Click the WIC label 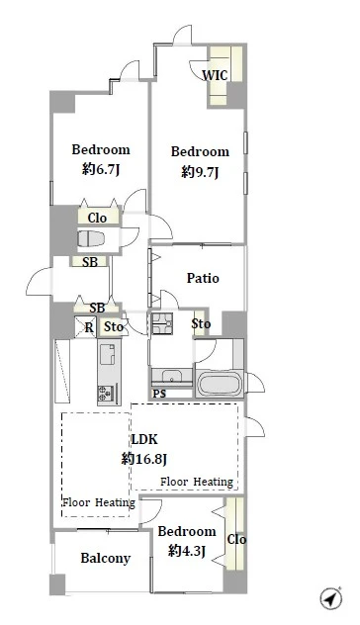[215, 75]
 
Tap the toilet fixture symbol [91, 238]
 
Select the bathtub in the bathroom [220, 384]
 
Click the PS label [159, 394]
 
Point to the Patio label [203, 278]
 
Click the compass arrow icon [331, 598]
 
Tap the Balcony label [105, 558]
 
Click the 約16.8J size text [144, 459]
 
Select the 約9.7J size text [200, 172]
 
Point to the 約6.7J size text [101, 169]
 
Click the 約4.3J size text [187, 551]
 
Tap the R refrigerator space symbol [86, 327]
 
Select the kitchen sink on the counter [107, 354]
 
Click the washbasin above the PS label [172, 376]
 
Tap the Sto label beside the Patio [201, 323]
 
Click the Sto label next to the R [114, 327]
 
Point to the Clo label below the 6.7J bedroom [97, 218]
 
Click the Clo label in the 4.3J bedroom [236, 539]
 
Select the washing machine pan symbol [162, 323]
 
